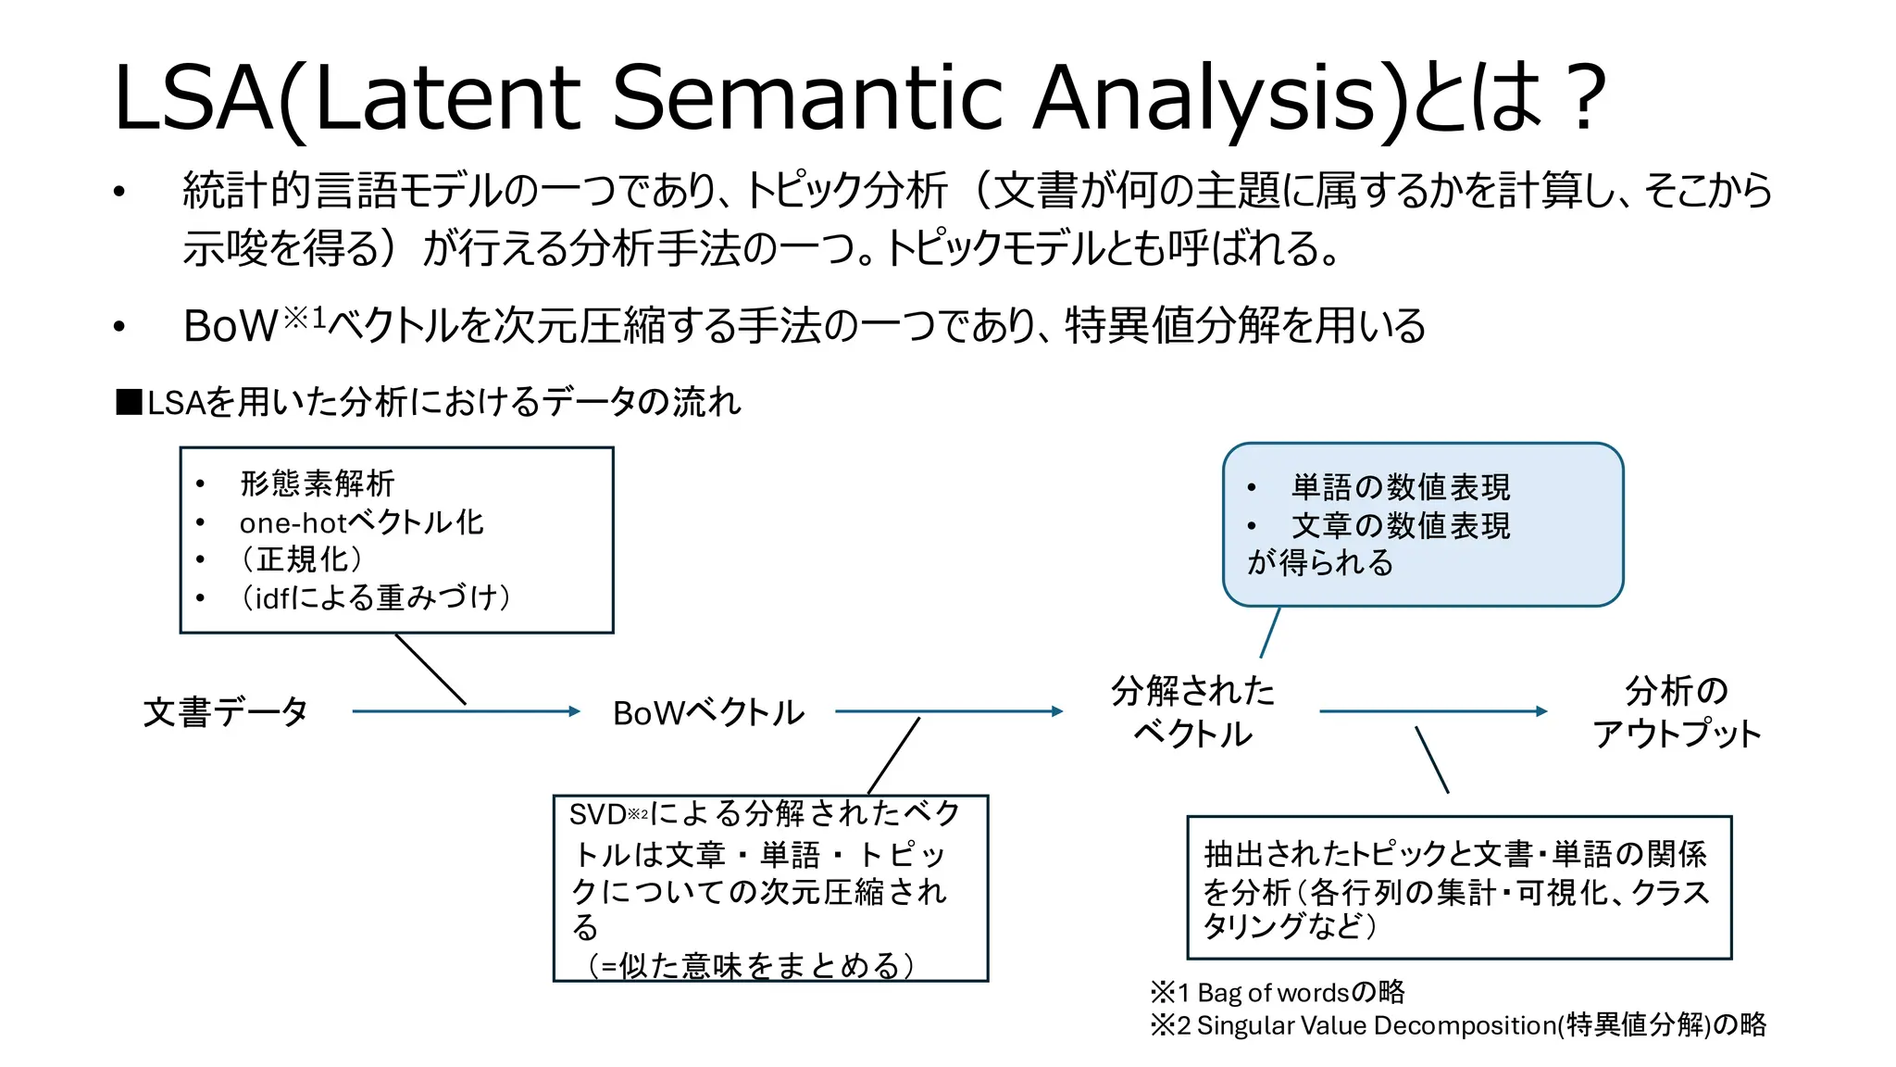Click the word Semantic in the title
pyautogui.click(x=805, y=97)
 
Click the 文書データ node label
pyautogui.click(x=225, y=712)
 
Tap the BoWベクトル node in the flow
pyautogui.click(x=708, y=712)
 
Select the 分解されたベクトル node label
pyautogui.click(x=1192, y=711)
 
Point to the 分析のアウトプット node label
pyautogui.click(x=1677, y=711)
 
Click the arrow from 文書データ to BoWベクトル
pyautogui.click(x=466, y=711)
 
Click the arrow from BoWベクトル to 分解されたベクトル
pyautogui.click(x=949, y=711)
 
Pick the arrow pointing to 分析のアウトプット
pyautogui.click(x=1433, y=711)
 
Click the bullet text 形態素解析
pyautogui.click(x=317, y=483)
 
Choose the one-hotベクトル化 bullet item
pyautogui.click(x=361, y=522)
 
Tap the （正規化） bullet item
pyautogui.click(x=302, y=559)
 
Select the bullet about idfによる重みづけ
pyautogui.click(x=376, y=597)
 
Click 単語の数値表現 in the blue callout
pyautogui.click(x=1400, y=487)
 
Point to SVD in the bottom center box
pyautogui.click(x=597, y=815)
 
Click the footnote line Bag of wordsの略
pyautogui.click(x=1278, y=993)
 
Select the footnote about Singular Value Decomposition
pyautogui.click(x=1458, y=1025)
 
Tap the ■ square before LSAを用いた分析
pyautogui.click(x=129, y=403)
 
